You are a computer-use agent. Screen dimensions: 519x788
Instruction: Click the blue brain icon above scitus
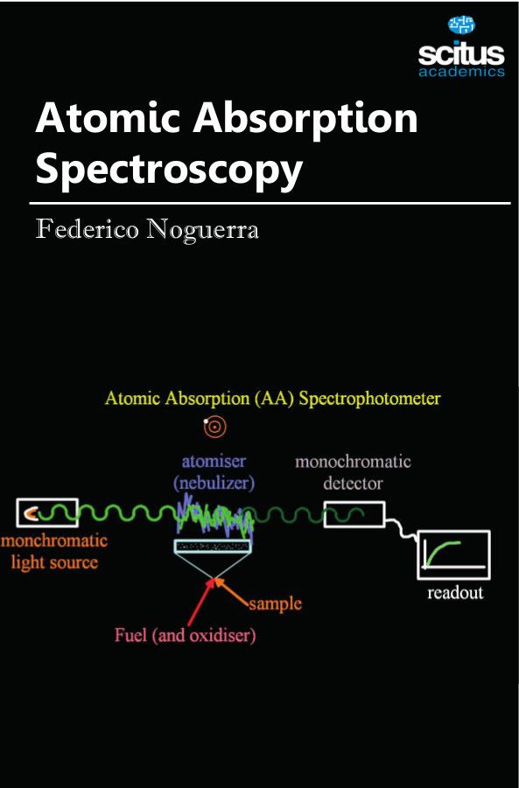[x=461, y=24]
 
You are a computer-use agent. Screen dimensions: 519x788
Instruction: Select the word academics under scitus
[x=461, y=72]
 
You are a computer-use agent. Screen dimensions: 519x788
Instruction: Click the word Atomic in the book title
[x=107, y=118]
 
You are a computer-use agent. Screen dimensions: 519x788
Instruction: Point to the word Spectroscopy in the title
[x=169, y=170]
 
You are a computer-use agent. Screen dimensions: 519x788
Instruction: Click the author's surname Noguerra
[x=203, y=230]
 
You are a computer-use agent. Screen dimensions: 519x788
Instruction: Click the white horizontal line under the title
[x=270, y=204]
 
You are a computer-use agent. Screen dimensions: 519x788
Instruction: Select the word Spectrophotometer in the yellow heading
[x=369, y=400]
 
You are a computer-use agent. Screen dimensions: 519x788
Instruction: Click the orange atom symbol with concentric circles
[x=214, y=427]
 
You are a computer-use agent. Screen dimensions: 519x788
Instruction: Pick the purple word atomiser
[x=214, y=461]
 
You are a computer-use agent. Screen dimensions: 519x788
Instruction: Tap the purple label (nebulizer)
[x=214, y=483]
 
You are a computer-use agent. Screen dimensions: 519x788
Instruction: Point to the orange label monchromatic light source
[x=53, y=551]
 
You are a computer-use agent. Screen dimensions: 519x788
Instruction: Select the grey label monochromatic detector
[x=353, y=472]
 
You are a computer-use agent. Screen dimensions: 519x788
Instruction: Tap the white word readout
[x=455, y=593]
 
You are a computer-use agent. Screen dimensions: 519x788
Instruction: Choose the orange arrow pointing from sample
[x=232, y=591]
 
